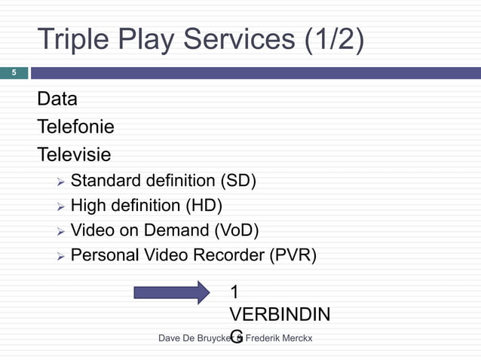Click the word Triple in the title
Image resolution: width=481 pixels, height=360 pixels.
pos(77,41)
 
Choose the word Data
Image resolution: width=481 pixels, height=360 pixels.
pos(57,99)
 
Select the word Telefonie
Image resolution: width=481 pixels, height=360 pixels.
pos(75,127)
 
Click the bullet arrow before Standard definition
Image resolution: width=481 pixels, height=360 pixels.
pos(60,182)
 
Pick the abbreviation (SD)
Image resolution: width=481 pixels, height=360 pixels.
pos(237,181)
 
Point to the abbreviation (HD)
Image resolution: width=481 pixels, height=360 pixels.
pos(204,206)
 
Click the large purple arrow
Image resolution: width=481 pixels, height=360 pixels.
pos(172,291)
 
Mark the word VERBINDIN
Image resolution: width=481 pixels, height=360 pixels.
pos(278,314)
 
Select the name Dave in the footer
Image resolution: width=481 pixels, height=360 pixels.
pos(170,340)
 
